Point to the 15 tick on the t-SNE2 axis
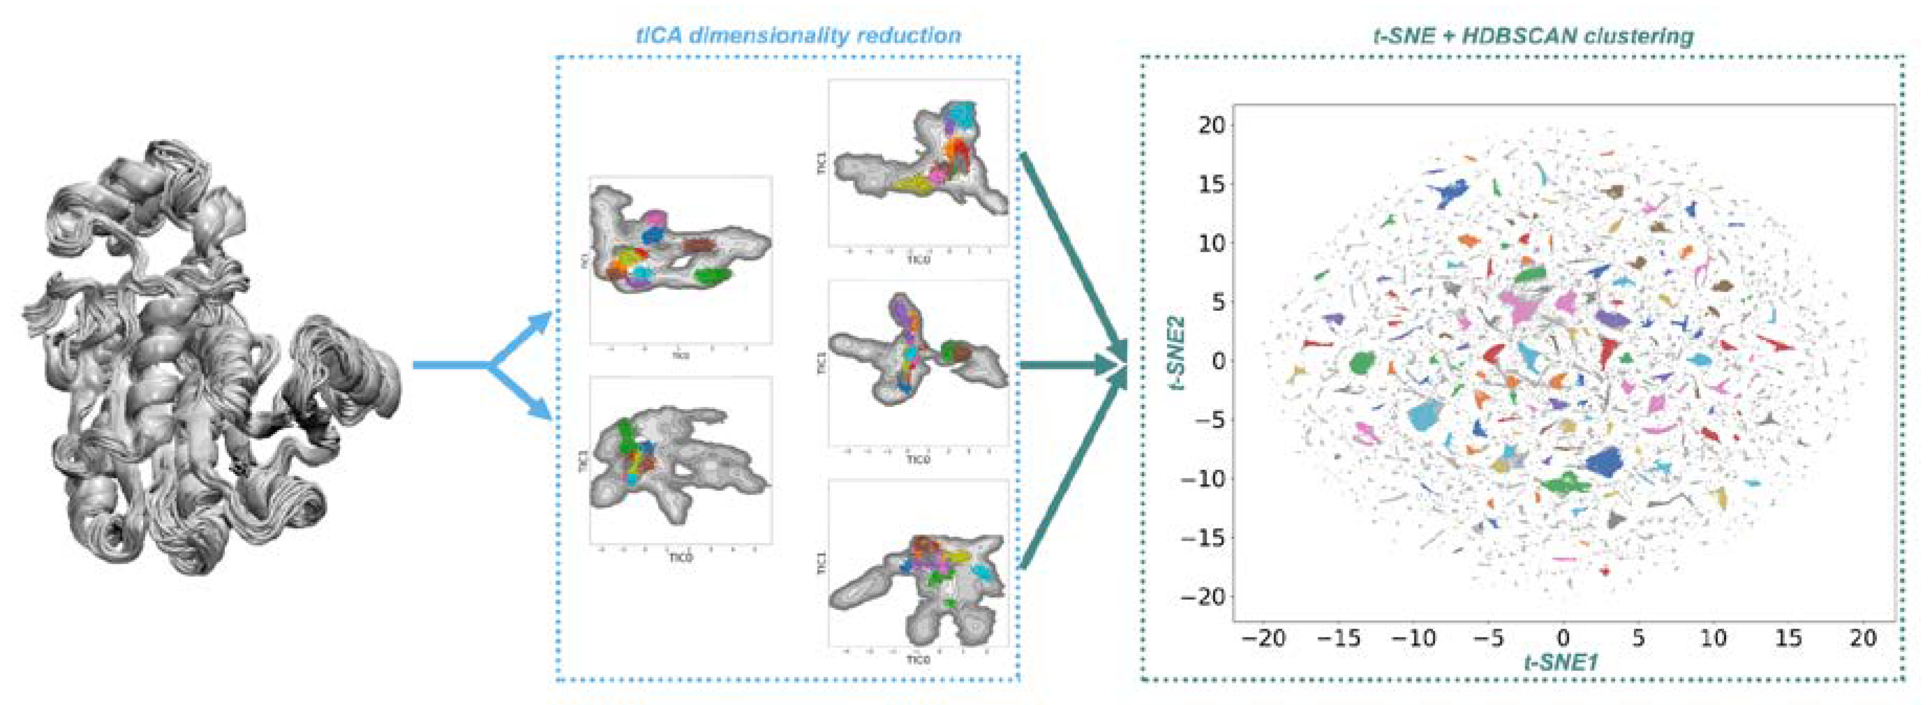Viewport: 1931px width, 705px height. point(1209,184)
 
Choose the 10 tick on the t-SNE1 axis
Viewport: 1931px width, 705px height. point(1713,638)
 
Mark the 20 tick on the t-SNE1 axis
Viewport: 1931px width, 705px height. point(1863,638)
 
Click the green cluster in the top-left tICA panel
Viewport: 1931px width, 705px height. point(711,276)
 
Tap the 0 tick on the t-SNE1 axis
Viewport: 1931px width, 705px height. point(1563,638)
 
